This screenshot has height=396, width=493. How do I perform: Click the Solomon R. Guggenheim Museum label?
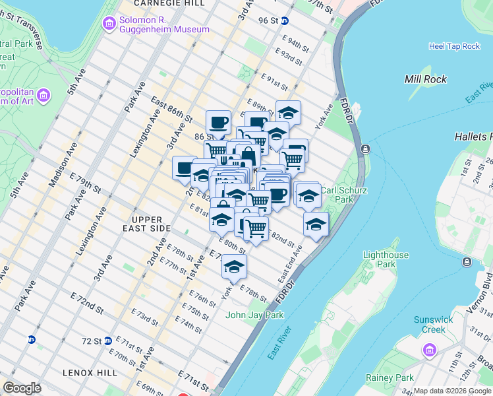pos(164,24)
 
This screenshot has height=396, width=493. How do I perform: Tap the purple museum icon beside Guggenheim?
pos(109,24)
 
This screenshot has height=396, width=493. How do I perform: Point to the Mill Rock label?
pos(425,79)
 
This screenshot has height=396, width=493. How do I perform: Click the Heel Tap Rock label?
pos(454,46)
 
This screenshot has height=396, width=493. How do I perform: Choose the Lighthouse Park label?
pos(386,259)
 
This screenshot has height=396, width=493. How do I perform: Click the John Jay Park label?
pos(254,315)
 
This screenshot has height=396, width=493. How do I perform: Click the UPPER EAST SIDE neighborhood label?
pos(142,224)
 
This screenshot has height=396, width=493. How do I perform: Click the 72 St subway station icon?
pos(31,340)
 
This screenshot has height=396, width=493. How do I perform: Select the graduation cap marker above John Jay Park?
pos(233,267)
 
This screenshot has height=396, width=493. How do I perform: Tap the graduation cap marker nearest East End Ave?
pos(316,224)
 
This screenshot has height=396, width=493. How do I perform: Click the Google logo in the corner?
pos(22,388)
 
